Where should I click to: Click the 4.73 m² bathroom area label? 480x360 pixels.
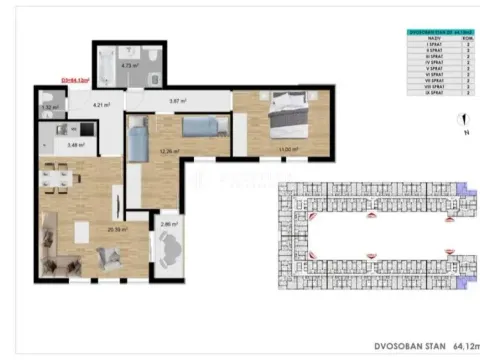point(127,66)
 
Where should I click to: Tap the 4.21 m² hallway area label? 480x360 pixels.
point(101,104)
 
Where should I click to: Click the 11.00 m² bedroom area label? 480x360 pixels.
point(289,149)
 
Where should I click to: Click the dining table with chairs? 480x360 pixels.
point(58,178)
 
